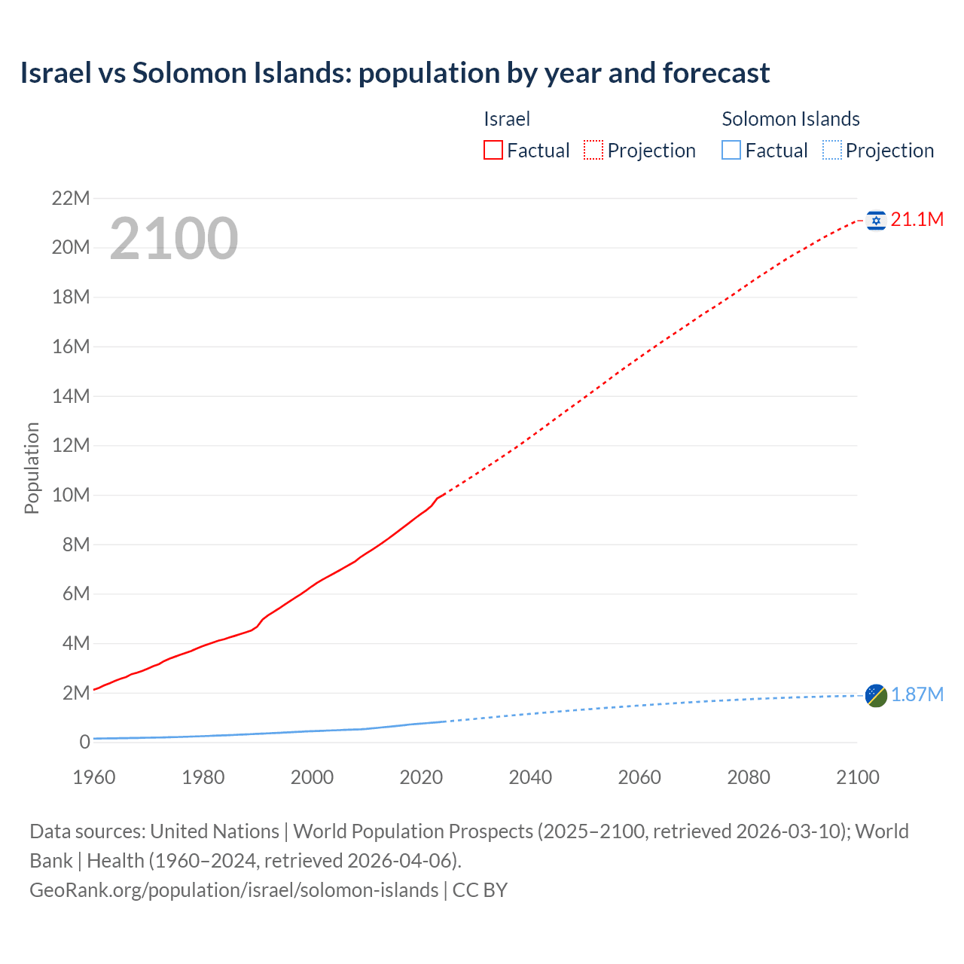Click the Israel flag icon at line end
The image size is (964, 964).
coord(876,220)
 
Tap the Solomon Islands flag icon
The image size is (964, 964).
coord(876,695)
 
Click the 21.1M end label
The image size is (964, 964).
coord(917,220)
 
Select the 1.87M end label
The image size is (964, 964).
coord(917,695)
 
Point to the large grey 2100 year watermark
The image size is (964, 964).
coord(174,239)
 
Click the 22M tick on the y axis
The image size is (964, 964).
coord(71,199)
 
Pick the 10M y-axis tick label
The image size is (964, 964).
coord(71,496)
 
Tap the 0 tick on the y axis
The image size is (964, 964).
coord(84,743)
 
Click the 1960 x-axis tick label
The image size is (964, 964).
coord(94,777)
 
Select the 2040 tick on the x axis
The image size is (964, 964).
coord(530,777)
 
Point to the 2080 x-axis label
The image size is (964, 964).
coord(749,777)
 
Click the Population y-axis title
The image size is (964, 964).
coord(32,468)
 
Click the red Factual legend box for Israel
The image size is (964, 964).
coord(493,151)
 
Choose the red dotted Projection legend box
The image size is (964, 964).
coord(593,151)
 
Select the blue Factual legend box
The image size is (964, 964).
coord(731,151)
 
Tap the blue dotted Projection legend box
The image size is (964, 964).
coord(832,151)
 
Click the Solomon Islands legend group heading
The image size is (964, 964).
coord(791,119)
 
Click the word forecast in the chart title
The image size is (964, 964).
coord(716,73)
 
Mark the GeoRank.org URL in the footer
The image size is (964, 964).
coord(233,890)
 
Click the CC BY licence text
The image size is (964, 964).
coord(480,890)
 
